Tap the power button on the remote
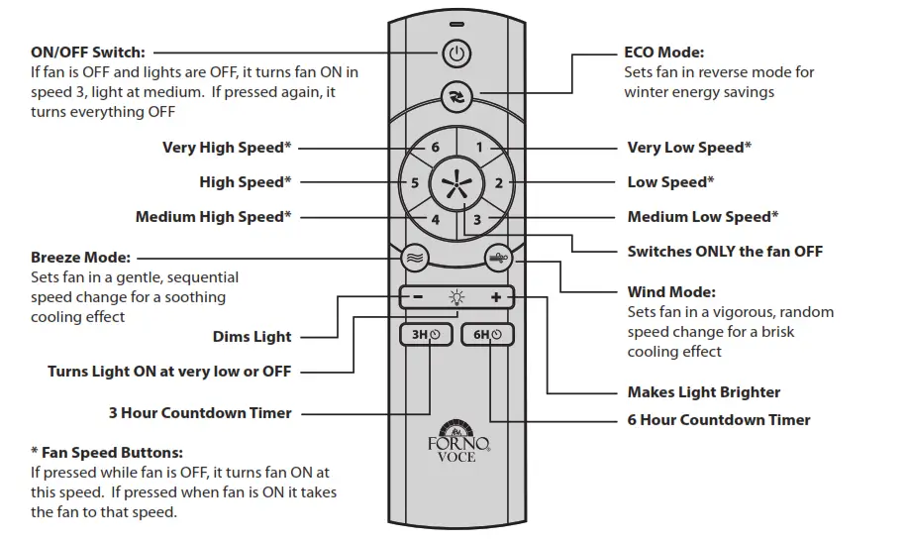click(x=455, y=54)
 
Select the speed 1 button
click(x=478, y=148)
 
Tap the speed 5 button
click(x=415, y=183)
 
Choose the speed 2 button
click(x=498, y=183)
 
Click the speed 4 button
click(x=435, y=219)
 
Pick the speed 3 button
click(x=477, y=219)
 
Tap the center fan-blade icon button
click(x=456, y=183)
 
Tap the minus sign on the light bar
click(x=419, y=296)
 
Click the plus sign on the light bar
click(x=495, y=296)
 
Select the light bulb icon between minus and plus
click(x=456, y=296)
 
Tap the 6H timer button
click(x=488, y=335)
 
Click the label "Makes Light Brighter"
click(x=703, y=392)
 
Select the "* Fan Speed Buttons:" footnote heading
click(x=107, y=453)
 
